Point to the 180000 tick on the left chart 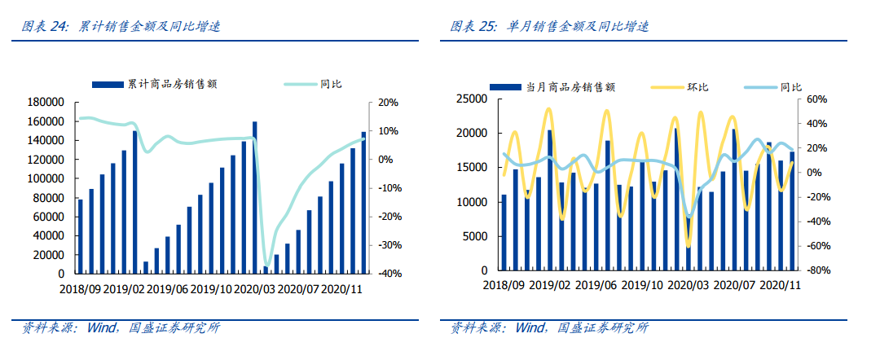click(46, 103)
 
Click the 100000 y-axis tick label click(46, 178)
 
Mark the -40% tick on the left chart click(385, 274)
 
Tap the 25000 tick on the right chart click(472, 99)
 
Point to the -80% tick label click(816, 270)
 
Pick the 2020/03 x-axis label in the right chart click(687, 285)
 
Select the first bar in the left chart click(80, 236)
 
